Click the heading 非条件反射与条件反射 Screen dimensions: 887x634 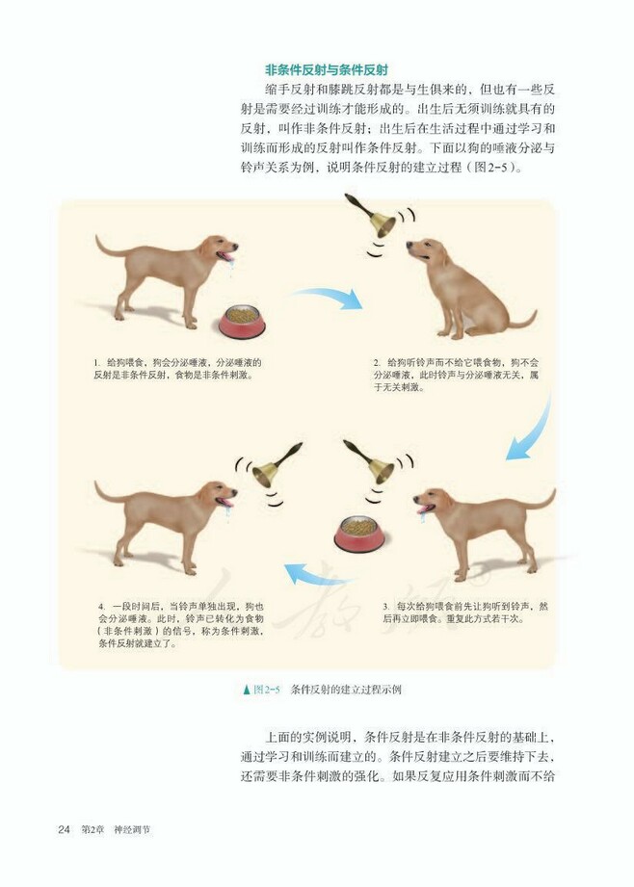pos(327,70)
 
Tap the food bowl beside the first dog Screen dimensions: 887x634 pos(242,322)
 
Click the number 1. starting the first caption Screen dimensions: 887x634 pos(97,362)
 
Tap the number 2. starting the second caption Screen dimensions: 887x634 pos(378,362)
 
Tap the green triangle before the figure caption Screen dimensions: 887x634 pos(247,690)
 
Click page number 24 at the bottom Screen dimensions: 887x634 pos(65,829)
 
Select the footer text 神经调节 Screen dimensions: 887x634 pos(131,829)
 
